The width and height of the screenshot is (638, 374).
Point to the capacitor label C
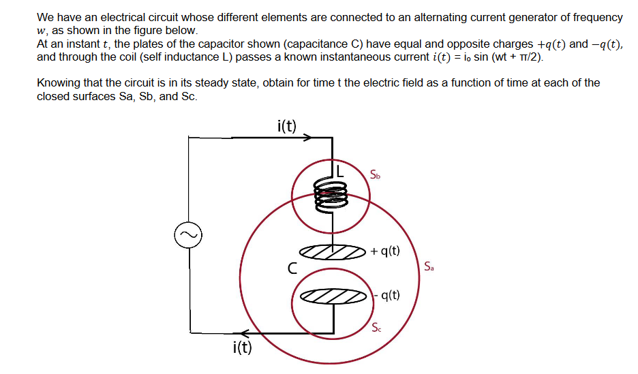291,268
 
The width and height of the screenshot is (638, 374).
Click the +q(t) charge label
386,251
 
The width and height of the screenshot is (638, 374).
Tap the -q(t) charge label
386,296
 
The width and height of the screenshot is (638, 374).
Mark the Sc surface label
377,328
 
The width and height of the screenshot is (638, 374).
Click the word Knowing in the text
58,82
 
